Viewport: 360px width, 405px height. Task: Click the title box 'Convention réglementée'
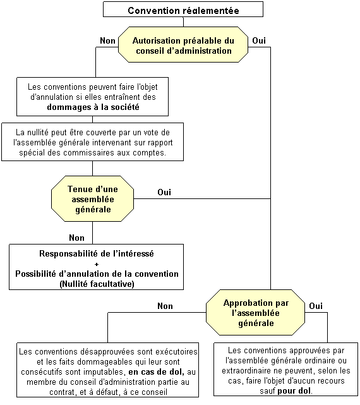tap(183, 9)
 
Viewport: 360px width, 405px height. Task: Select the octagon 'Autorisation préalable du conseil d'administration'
tap(183, 44)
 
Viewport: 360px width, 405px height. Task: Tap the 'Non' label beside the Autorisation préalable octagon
tap(108, 40)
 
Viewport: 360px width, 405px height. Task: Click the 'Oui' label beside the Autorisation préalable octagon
tap(259, 40)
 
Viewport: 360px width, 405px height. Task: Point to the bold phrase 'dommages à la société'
tap(93, 107)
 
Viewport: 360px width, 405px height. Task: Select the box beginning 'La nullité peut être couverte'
tap(92, 142)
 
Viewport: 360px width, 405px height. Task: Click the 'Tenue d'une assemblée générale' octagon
tap(92, 198)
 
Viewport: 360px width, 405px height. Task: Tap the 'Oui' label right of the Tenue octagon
tap(164, 192)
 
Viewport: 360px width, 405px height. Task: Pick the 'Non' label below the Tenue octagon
tap(76, 238)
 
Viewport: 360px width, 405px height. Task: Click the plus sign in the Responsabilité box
tap(97, 264)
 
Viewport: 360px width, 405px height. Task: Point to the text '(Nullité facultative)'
tap(97, 284)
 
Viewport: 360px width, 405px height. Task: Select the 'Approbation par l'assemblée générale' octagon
tap(255, 313)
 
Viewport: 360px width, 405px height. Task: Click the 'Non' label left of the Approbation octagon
tap(165, 306)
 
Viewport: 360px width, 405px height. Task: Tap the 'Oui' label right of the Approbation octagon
tap(316, 306)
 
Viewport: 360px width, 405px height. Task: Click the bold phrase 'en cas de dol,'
tap(157, 372)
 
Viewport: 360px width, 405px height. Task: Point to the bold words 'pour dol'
tap(294, 390)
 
